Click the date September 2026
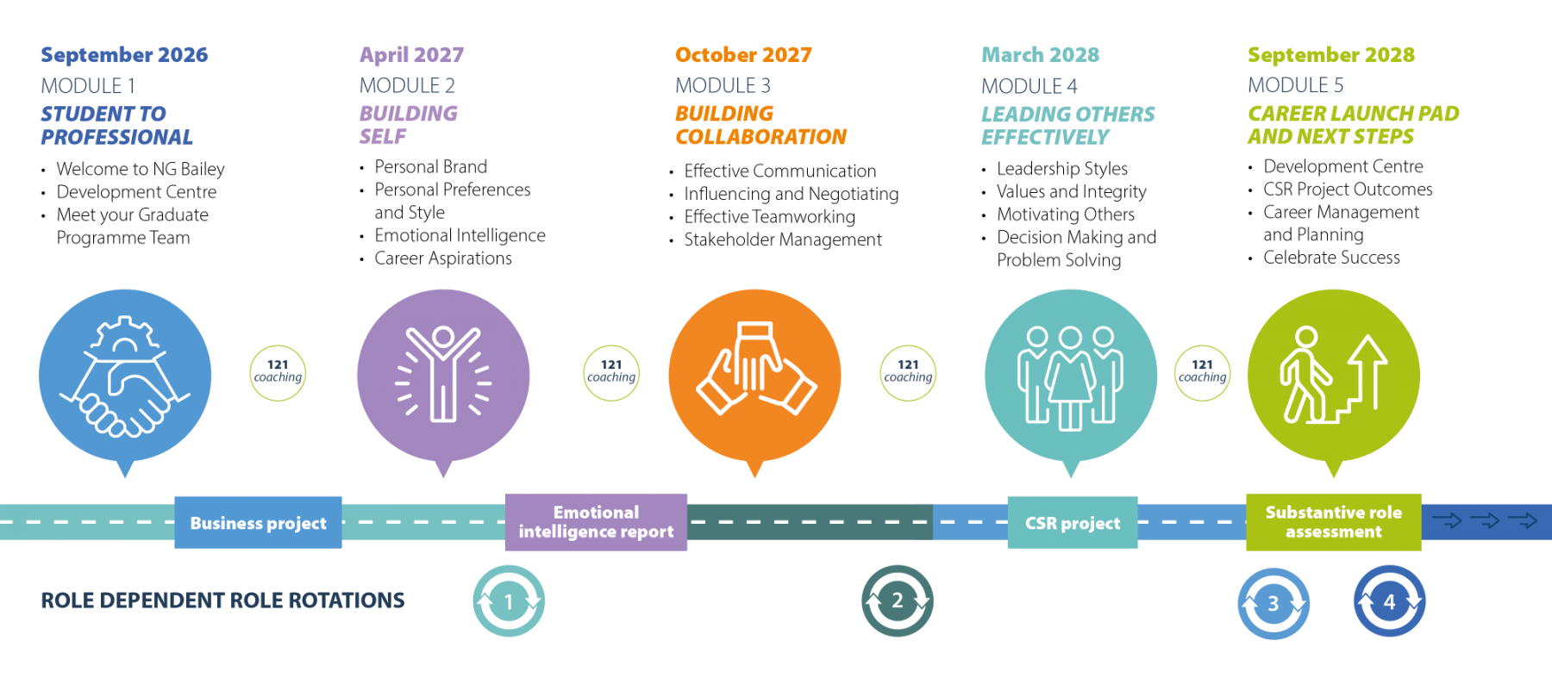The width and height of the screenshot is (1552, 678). pos(124,54)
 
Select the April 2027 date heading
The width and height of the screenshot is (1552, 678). pos(411,54)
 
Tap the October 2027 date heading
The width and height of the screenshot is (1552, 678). pos(743,54)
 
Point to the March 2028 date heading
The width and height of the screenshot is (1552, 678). pos(1041,54)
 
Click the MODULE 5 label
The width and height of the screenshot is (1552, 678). pos(1295,85)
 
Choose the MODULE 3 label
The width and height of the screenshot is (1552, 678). pos(723,85)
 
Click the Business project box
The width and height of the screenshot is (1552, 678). pos(258,522)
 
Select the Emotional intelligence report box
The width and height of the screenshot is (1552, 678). pos(596,522)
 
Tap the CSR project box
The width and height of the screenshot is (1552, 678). pos(1073,522)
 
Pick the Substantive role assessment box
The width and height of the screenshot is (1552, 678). pos(1333,522)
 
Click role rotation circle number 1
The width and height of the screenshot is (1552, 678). pos(509,601)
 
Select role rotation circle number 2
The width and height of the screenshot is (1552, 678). pos(898,600)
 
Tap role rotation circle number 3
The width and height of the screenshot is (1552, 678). pos(1274,603)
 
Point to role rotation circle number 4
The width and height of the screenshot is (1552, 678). pos(1389,601)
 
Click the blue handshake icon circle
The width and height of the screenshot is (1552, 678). pos(125,376)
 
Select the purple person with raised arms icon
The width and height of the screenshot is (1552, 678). pos(443,376)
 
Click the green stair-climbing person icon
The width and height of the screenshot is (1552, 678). pos(1333,376)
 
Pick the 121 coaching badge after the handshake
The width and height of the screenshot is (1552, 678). pos(278,373)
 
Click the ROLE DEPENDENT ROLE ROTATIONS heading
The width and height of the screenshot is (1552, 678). pos(222,600)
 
